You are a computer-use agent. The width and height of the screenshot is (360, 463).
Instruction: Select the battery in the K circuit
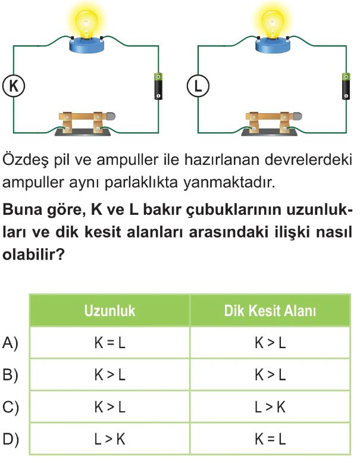[158, 86]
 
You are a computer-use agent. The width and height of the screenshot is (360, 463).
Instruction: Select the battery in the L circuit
[345, 86]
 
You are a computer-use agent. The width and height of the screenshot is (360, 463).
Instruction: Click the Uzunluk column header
[109, 311]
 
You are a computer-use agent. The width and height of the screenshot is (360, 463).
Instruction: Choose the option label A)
[11, 343]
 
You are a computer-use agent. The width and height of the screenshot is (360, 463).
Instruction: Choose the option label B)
[11, 375]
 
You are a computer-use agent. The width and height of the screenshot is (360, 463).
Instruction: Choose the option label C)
[11, 408]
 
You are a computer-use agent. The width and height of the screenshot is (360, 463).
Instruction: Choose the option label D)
[11, 440]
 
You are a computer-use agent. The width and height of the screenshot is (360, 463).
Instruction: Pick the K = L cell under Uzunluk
[109, 343]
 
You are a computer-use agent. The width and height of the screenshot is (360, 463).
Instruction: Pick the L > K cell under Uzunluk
[109, 440]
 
